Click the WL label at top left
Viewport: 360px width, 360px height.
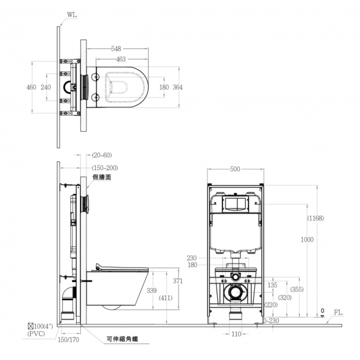[72, 15]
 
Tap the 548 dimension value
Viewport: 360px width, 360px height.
[116, 49]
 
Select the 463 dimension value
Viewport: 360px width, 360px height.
[121, 59]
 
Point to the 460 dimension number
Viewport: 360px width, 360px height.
[31, 87]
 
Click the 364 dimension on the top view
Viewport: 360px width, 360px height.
[178, 87]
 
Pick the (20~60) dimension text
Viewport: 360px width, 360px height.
[102, 155]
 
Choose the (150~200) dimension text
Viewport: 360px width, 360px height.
[105, 168]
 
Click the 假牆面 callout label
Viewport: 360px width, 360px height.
[102, 177]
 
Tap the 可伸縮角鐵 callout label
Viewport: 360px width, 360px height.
[123, 339]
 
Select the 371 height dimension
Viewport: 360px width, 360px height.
[178, 281]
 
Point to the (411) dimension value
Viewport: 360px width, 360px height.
[165, 298]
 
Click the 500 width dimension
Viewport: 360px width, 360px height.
[235, 169]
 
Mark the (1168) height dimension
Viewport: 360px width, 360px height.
[315, 218]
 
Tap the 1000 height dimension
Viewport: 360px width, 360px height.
[307, 240]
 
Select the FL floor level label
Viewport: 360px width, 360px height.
[338, 312]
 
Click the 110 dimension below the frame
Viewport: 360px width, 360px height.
[236, 334]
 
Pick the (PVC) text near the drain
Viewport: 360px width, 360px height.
[36, 334]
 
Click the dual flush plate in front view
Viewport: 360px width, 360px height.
[235, 204]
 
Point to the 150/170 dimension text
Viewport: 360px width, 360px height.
[69, 340]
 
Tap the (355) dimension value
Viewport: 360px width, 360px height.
[297, 289]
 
